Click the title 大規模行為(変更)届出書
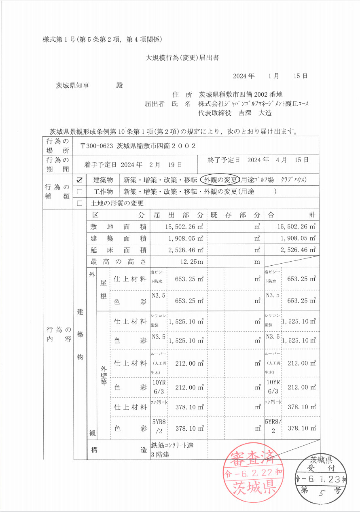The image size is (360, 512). [x=182, y=58]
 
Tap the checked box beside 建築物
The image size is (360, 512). [x=79, y=180]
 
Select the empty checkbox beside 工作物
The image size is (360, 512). [x=79, y=192]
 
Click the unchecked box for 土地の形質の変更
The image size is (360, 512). [x=79, y=203]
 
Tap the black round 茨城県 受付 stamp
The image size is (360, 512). [x=321, y=478]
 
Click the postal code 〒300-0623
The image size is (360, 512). [x=97, y=146]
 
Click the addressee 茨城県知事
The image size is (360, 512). [x=73, y=86]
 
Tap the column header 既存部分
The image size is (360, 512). [x=235, y=215]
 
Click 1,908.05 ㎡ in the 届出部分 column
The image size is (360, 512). [x=184, y=238]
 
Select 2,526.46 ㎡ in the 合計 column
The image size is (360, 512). [x=297, y=250]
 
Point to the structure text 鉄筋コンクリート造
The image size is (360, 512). [x=172, y=445]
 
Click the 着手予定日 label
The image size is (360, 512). [x=100, y=165]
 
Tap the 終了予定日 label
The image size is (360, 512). [x=224, y=160]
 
